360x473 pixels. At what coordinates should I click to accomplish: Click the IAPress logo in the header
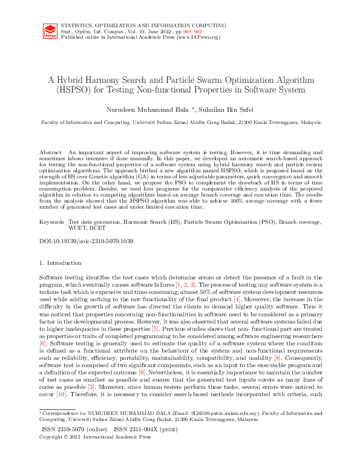coord(50,31)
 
